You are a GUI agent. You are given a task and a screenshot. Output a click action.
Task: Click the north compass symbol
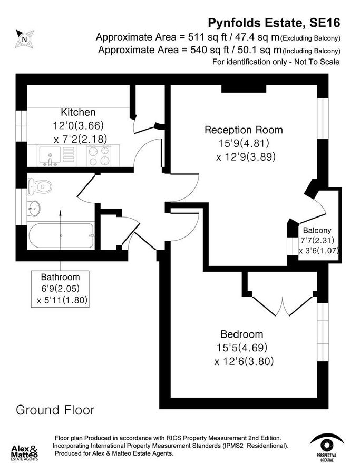tap(24, 38)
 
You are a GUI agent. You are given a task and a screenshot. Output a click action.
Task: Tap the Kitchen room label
tap(78, 112)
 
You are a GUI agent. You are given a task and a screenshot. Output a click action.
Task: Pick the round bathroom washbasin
tap(35, 208)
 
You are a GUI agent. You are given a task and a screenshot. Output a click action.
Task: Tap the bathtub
tap(61, 236)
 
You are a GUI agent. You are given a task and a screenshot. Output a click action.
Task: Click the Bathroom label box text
tap(61, 277)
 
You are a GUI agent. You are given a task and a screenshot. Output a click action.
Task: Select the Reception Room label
tap(244, 130)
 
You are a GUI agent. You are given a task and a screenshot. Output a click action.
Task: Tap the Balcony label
tap(317, 230)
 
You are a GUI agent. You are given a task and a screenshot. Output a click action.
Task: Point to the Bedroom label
tap(241, 334)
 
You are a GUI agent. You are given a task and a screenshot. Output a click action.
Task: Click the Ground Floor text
tap(55, 409)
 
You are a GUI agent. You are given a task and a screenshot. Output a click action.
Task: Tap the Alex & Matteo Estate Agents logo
tap(25, 452)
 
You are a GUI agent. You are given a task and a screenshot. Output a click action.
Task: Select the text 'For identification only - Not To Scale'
tap(276, 62)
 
